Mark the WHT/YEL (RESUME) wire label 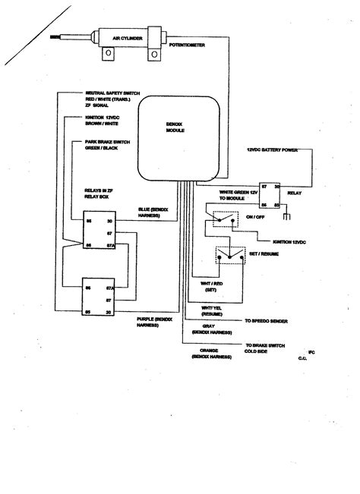[x=212, y=309]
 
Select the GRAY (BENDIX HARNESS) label [x=209, y=332]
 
